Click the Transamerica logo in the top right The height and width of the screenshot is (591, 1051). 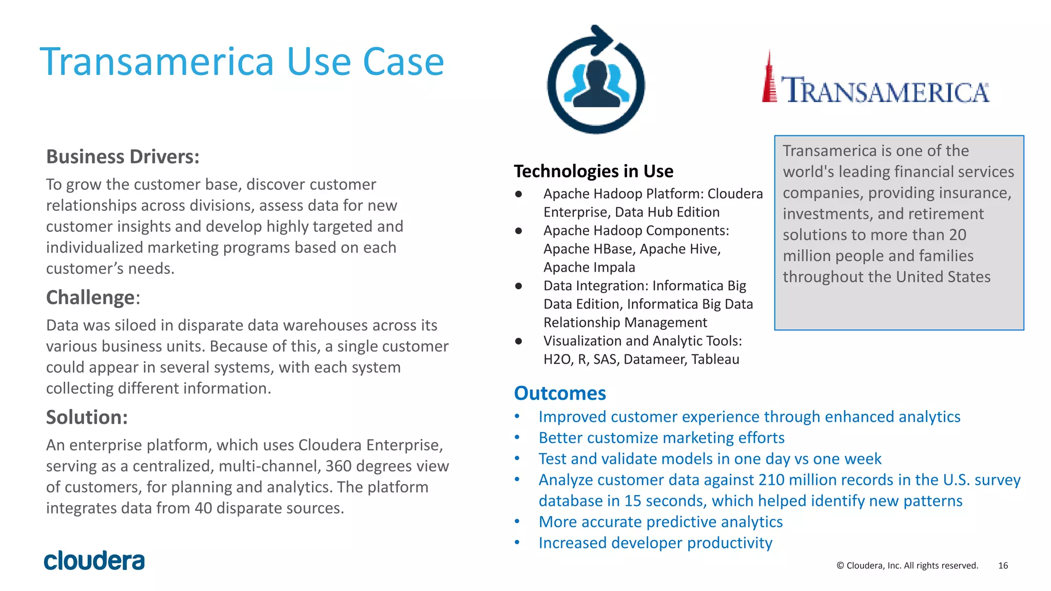pos(876,82)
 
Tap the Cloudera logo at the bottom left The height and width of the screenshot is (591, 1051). pos(94,561)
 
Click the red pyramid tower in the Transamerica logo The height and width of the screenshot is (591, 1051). pos(769,80)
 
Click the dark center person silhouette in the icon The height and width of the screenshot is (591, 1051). pos(596,85)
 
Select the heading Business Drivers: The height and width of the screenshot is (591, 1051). pos(123,157)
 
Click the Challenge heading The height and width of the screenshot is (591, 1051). pos(91,298)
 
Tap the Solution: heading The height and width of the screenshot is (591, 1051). pos(87,418)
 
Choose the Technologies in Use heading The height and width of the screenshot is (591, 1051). pos(593,171)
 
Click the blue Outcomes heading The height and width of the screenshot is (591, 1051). pos(560,393)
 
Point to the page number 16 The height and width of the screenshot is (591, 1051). pos(1003,565)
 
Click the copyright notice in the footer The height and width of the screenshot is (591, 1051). pos(907,565)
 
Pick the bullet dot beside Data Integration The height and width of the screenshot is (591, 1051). pos(519,286)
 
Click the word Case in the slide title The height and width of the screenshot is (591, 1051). pos(403,62)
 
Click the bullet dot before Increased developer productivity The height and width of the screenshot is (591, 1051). pos(517,542)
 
